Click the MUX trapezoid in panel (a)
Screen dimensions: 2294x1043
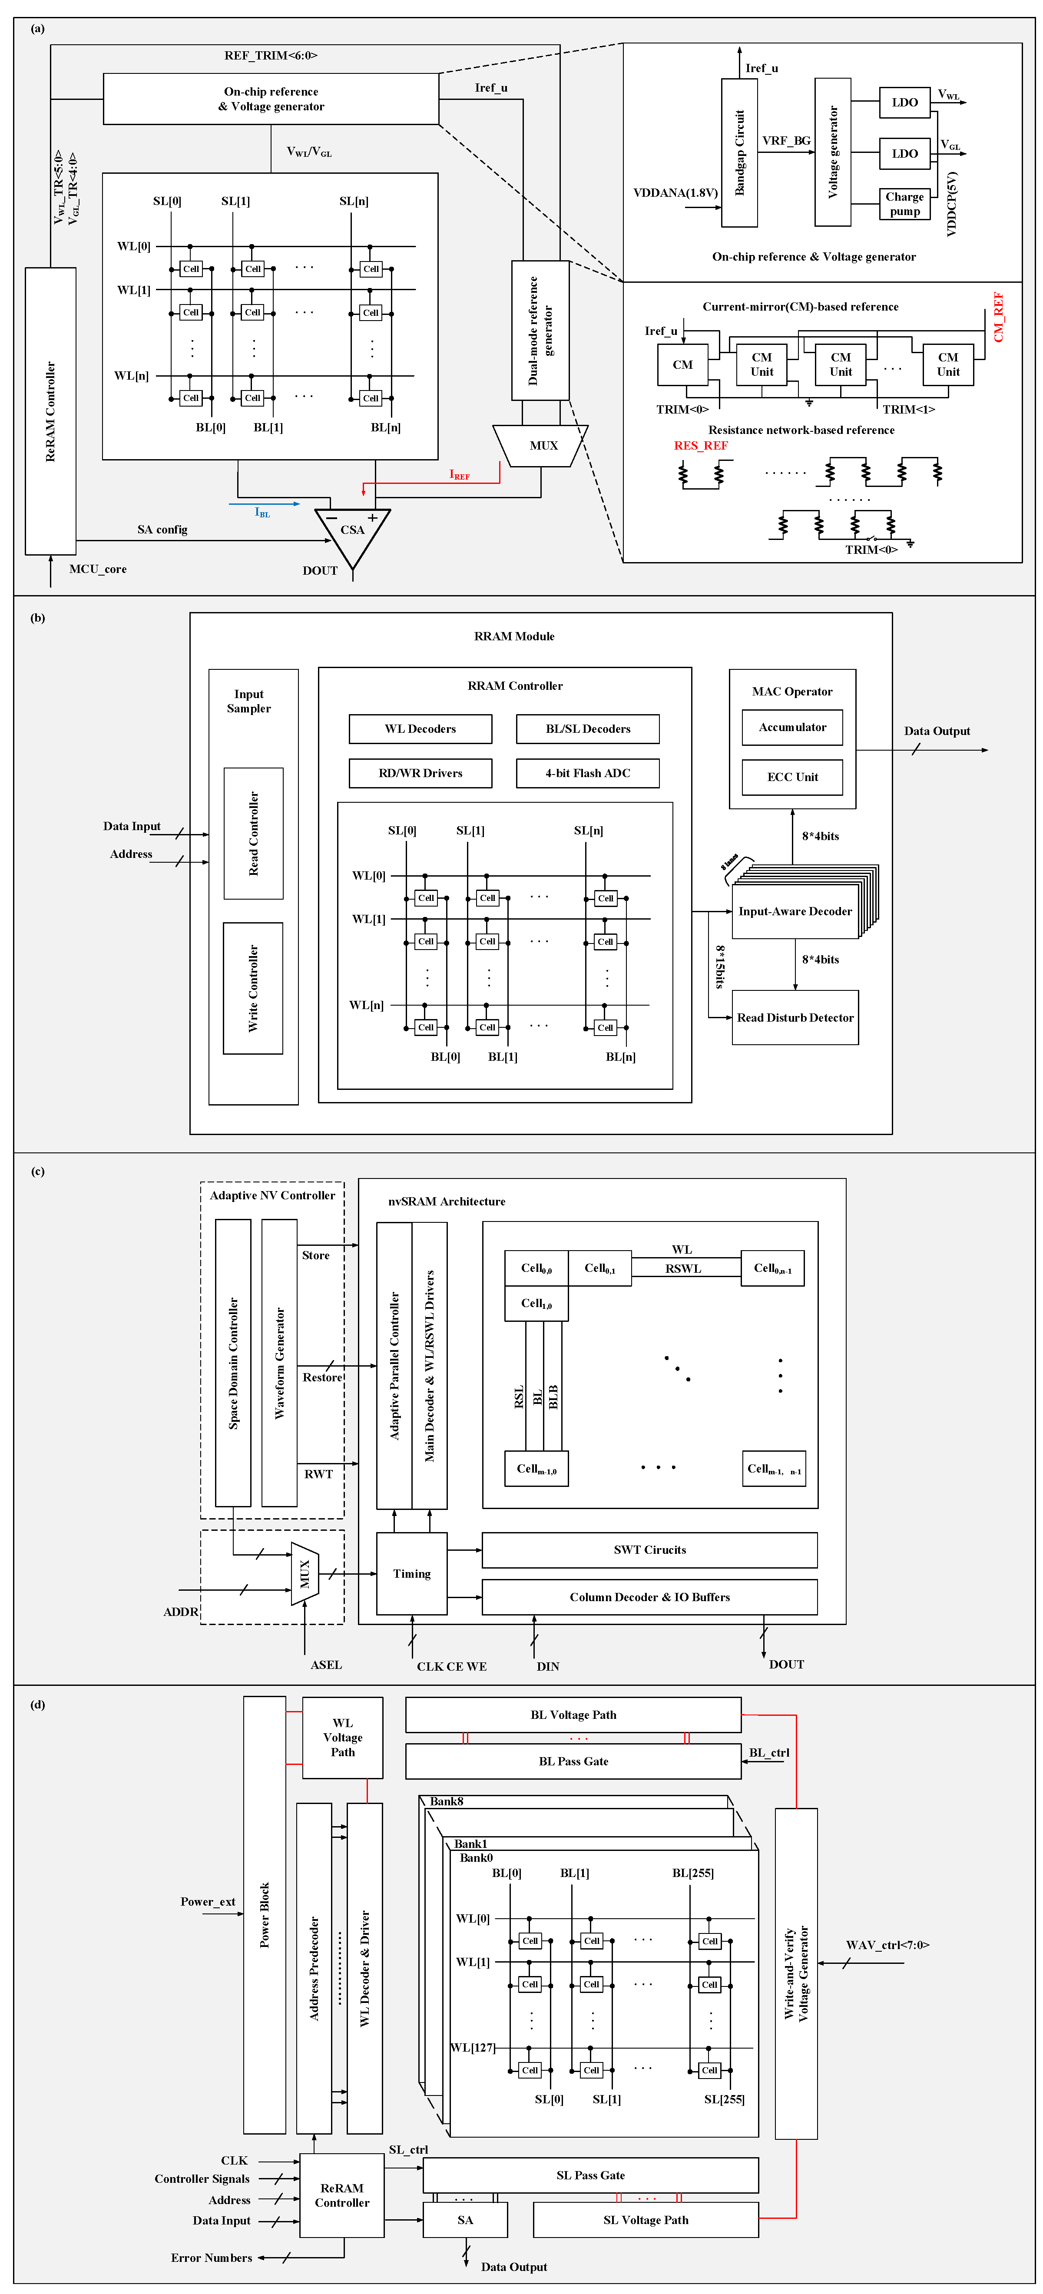pos(542,445)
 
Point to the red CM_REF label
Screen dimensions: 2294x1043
pos(998,317)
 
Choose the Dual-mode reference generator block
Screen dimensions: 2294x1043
pos(540,331)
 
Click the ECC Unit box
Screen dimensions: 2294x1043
pos(792,777)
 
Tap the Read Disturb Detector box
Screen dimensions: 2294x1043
pos(795,1017)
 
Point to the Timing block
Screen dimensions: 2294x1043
pos(411,1573)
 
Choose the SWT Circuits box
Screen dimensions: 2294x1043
pos(649,1549)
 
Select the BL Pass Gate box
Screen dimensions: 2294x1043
pos(573,1761)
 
